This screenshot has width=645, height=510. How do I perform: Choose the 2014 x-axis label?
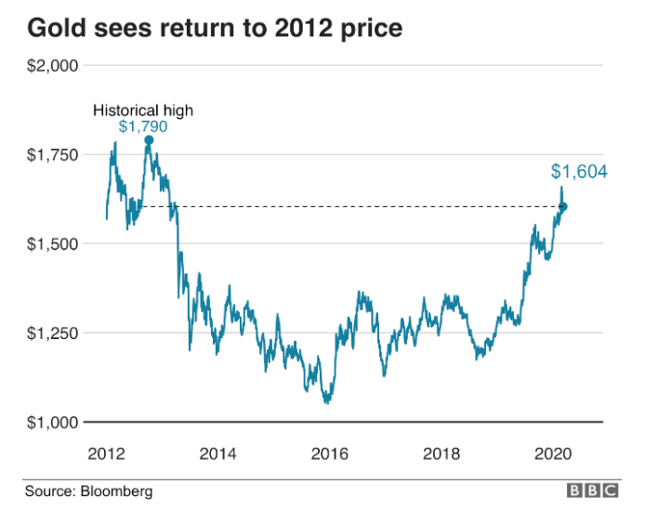point(217,453)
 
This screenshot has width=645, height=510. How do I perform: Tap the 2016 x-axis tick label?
point(330,453)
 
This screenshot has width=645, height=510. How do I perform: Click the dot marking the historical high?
point(149,140)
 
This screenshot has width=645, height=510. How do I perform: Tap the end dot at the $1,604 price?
point(563,206)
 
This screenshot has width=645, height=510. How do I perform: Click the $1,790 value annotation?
point(142,126)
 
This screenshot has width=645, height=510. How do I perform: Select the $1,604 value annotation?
point(578,172)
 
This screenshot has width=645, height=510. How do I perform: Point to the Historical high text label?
point(142,111)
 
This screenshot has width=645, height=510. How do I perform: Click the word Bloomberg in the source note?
point(116,490)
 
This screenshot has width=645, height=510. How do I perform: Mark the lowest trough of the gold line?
point(326,403)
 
